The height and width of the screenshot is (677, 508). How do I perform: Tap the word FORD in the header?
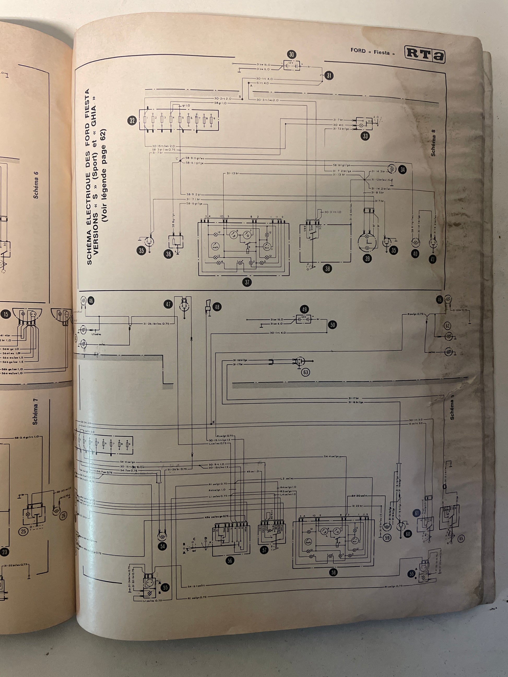pos(358,51)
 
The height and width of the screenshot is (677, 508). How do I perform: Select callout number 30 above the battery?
pos(291,55)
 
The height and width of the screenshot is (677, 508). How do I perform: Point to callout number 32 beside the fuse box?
pos(132,121)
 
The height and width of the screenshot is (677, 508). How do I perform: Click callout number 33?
pos(365,136)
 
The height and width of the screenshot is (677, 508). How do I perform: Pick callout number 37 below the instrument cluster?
pos(247,282)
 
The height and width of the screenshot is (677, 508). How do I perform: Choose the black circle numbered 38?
pos(328,269)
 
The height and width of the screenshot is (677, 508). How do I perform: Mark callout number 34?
pos(402,170)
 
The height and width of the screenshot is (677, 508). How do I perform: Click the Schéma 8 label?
pos(433,143)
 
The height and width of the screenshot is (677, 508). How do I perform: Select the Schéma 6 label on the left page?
pos(36,185)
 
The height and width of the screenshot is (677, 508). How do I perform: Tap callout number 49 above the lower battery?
pos(304,309)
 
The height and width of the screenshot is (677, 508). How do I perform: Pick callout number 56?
pos(230,560)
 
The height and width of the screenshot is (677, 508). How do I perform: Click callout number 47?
pos(168,304)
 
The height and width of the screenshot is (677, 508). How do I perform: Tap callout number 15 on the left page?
pos(6,314)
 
